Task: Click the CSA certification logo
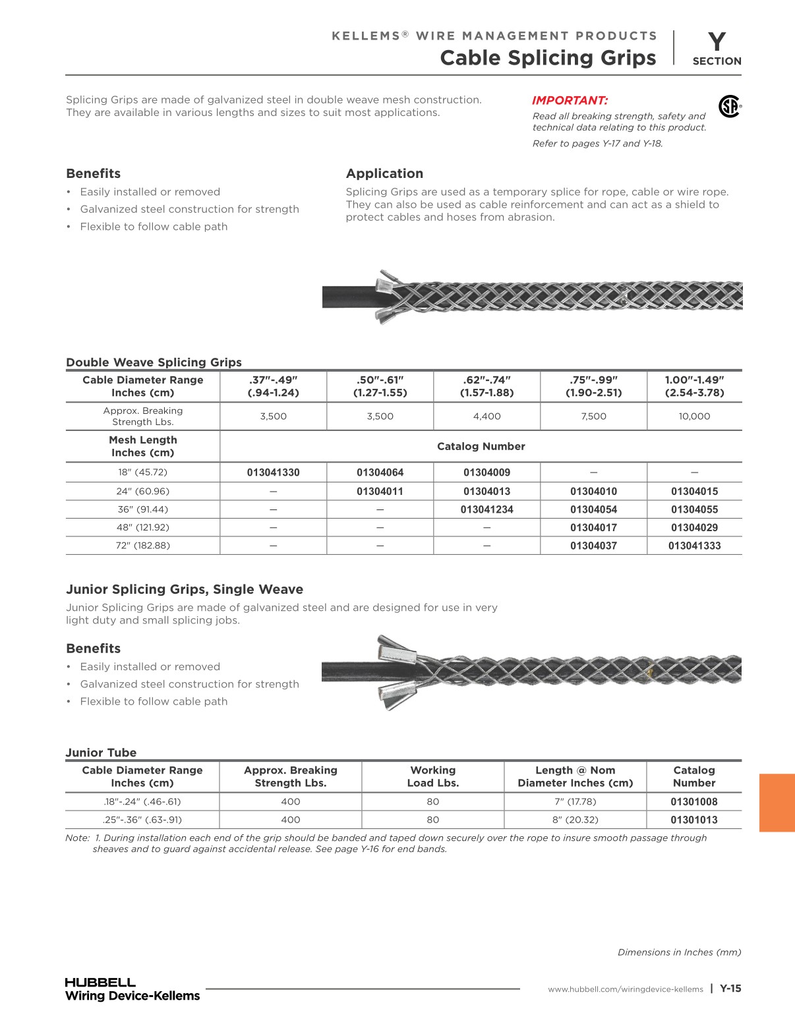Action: (729, 106)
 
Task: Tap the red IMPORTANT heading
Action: (570, 101)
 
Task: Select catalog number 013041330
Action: (273, 473)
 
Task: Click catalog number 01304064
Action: (380, 473)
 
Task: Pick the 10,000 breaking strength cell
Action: (694, 416)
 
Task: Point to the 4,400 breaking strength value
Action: (486, 416)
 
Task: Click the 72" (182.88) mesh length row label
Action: (143, 546)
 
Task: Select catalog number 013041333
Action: (694, 546)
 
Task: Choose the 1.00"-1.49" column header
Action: (694, 386)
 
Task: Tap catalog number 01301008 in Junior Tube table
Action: (693, 802)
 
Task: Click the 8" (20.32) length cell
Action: (575, 820)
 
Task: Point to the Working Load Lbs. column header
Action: (432, 776)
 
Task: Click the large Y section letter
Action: (717, 42)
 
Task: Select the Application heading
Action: (384, 174)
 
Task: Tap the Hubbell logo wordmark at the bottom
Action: (100, 982)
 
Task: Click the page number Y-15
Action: (730, 989)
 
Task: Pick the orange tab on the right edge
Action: (777, 803)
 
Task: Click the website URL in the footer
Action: (625, 989)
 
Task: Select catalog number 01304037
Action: (593, 546)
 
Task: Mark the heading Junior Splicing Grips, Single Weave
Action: (185, 590)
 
